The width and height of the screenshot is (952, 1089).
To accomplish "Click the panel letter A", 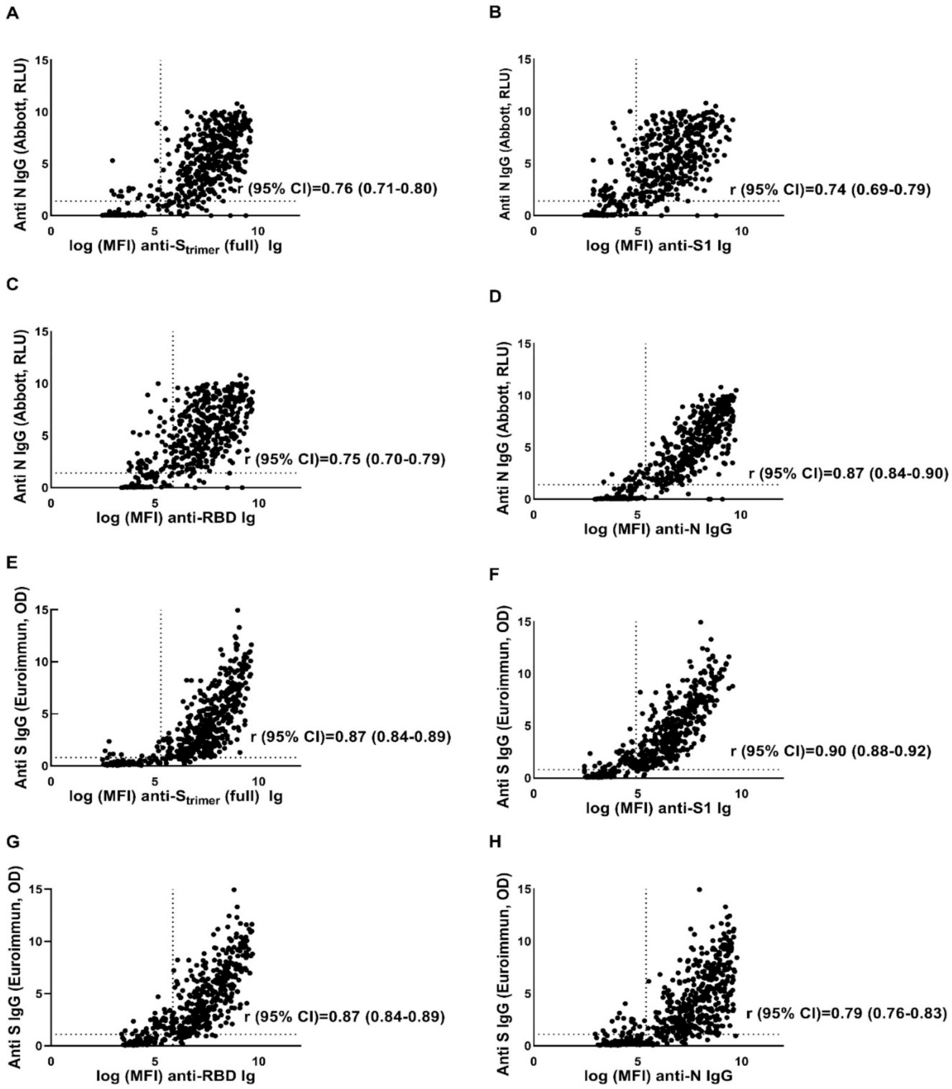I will (x=12, y=14).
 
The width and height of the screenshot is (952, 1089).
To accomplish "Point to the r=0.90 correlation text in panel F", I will (x=830, y=751).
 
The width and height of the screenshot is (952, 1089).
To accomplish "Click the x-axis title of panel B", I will (x=658, y=246).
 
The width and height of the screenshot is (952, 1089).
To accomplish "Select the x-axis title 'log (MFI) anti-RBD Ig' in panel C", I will (x=176, y=518).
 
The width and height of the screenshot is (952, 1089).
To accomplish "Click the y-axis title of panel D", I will (x=503, y=428).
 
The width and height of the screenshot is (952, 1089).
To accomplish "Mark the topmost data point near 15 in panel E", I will (x=237, y=610).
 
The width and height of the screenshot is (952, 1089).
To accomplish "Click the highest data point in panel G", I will (x=234, y=889).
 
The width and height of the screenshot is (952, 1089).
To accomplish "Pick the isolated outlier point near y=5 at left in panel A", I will (x=113, y=160).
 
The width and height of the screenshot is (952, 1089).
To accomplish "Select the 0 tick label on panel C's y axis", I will (x=45, y=488).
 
